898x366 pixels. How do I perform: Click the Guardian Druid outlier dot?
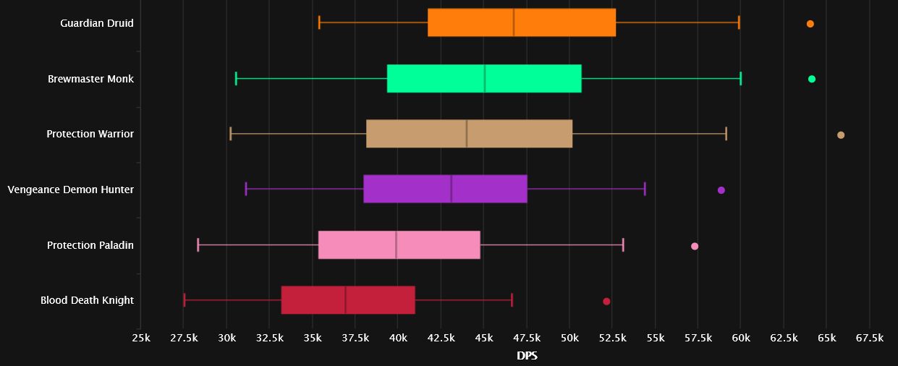810,24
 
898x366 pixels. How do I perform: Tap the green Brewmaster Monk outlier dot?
811,79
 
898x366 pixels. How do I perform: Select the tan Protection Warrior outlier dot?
840,135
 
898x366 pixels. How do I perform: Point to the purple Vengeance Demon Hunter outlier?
721,190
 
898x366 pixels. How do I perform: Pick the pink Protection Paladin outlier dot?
695,246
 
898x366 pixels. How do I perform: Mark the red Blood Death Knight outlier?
606,301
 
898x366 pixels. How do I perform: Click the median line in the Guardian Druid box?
514,22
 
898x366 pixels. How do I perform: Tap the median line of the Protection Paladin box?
396,245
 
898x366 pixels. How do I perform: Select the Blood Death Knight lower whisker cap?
185,300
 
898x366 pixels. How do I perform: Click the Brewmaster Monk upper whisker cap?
741,79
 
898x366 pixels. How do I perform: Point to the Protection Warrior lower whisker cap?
230,133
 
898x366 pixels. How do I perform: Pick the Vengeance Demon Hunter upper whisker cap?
645,190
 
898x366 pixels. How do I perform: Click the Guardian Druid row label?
97,23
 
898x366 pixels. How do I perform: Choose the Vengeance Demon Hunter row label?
71,190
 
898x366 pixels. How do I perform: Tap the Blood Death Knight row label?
87,300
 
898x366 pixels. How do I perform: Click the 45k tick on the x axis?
484,339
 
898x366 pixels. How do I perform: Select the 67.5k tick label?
869,339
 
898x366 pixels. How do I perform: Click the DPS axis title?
527,356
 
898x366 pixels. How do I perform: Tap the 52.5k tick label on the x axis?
612,339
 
